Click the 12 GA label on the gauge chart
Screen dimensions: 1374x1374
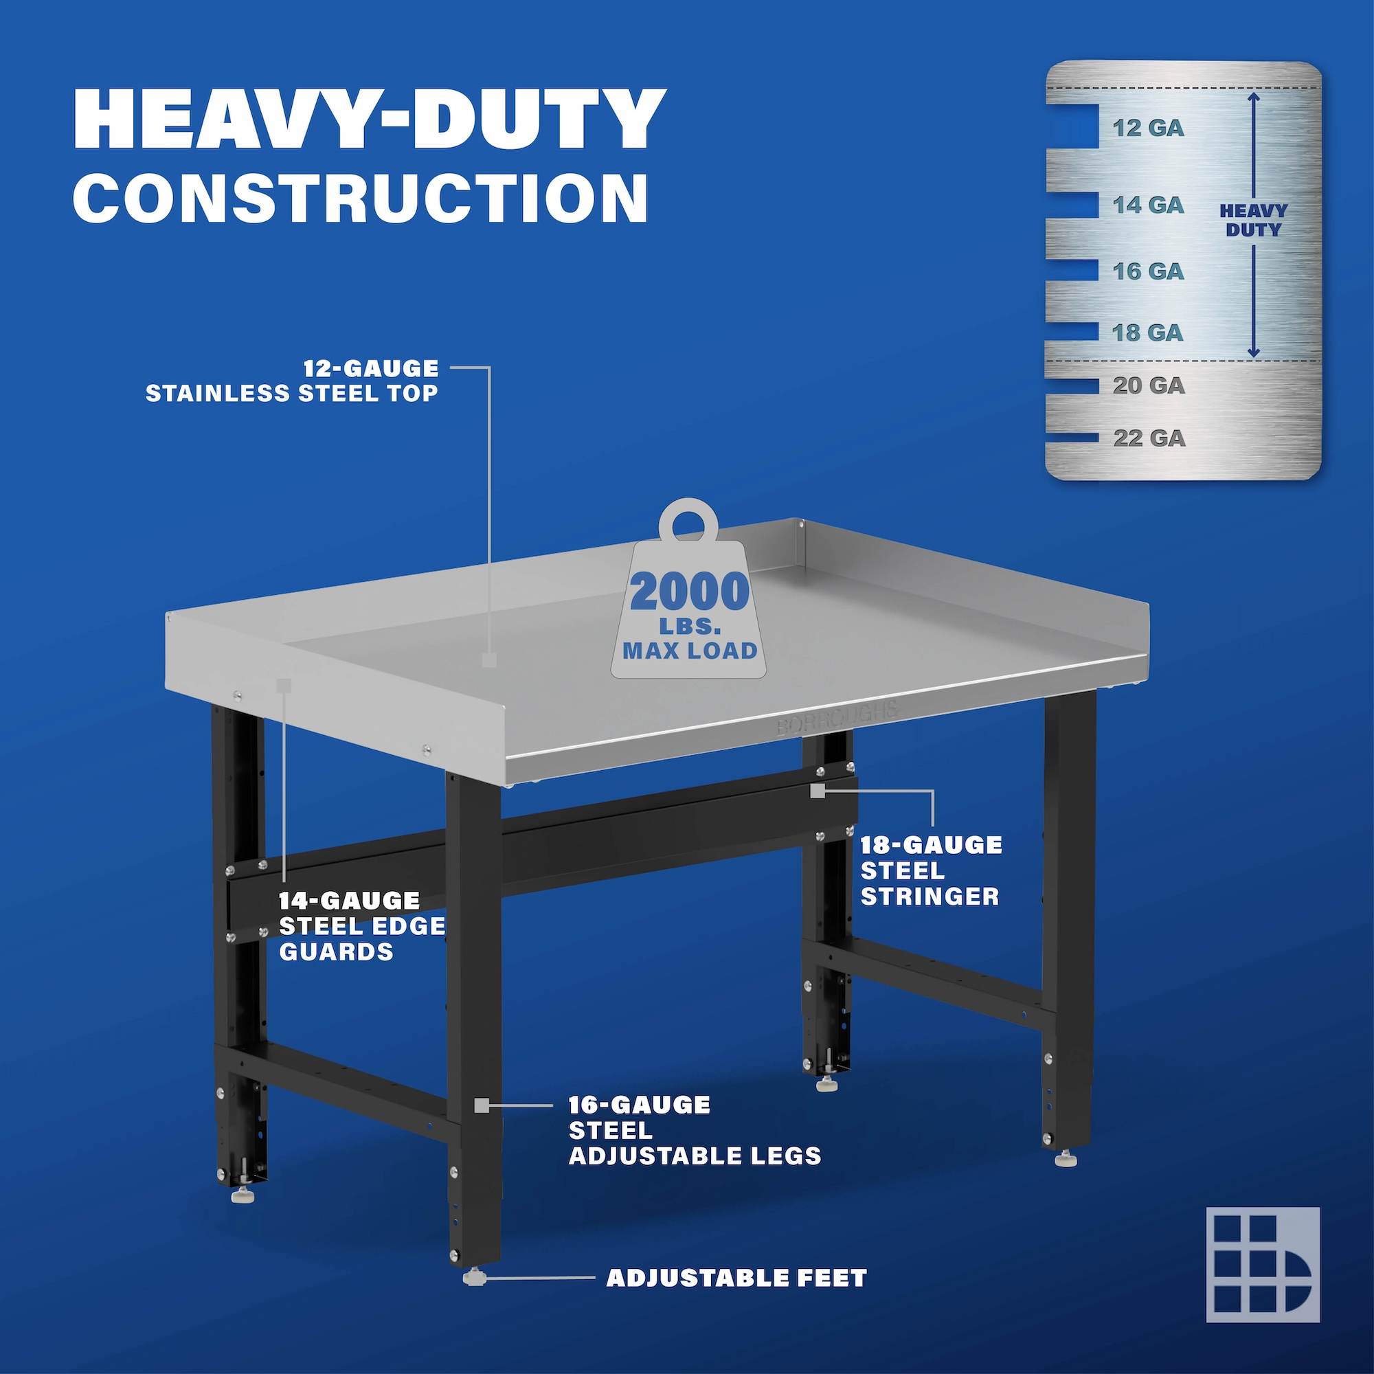click(1149, 128)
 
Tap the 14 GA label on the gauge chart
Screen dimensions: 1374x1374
click(1149, 205)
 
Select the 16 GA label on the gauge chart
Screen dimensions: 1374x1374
click(1149, 271)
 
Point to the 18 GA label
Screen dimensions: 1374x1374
click(1148, 332)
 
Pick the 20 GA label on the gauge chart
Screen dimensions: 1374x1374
click(1149, 385)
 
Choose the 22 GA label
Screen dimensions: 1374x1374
click(1149, 438)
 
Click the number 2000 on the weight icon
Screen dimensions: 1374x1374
click(689, 592)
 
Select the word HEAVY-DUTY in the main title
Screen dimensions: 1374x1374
click(370, 119)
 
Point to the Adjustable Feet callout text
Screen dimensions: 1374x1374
click(736, 1278)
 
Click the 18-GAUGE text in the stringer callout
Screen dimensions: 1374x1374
click(931, 845)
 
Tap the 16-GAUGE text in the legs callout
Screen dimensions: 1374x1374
click(640, 1105)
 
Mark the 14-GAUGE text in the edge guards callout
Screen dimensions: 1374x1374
click(349, 901)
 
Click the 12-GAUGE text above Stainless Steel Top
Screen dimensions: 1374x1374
click(371, 368)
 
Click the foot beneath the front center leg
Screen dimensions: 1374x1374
click(474, 1279)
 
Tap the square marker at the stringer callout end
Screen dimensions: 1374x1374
click(818, 790)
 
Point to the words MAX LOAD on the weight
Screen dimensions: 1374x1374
click(690, 651)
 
